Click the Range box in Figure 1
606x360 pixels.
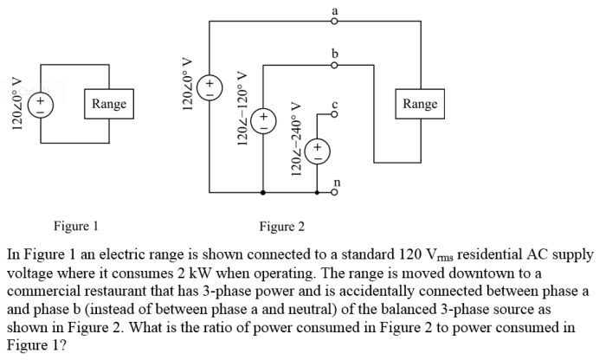(109, 105)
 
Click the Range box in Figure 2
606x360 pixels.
(420, 105)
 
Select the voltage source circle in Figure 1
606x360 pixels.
(39, 105)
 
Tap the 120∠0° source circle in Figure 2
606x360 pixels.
(209, 87)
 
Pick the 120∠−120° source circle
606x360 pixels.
(263, 119)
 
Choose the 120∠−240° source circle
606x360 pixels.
(317, 149)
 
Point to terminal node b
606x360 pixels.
(335, 63)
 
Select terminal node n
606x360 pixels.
(335, 194)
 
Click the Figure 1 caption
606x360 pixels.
(76, 227)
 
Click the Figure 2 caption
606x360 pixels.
(282, 227)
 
